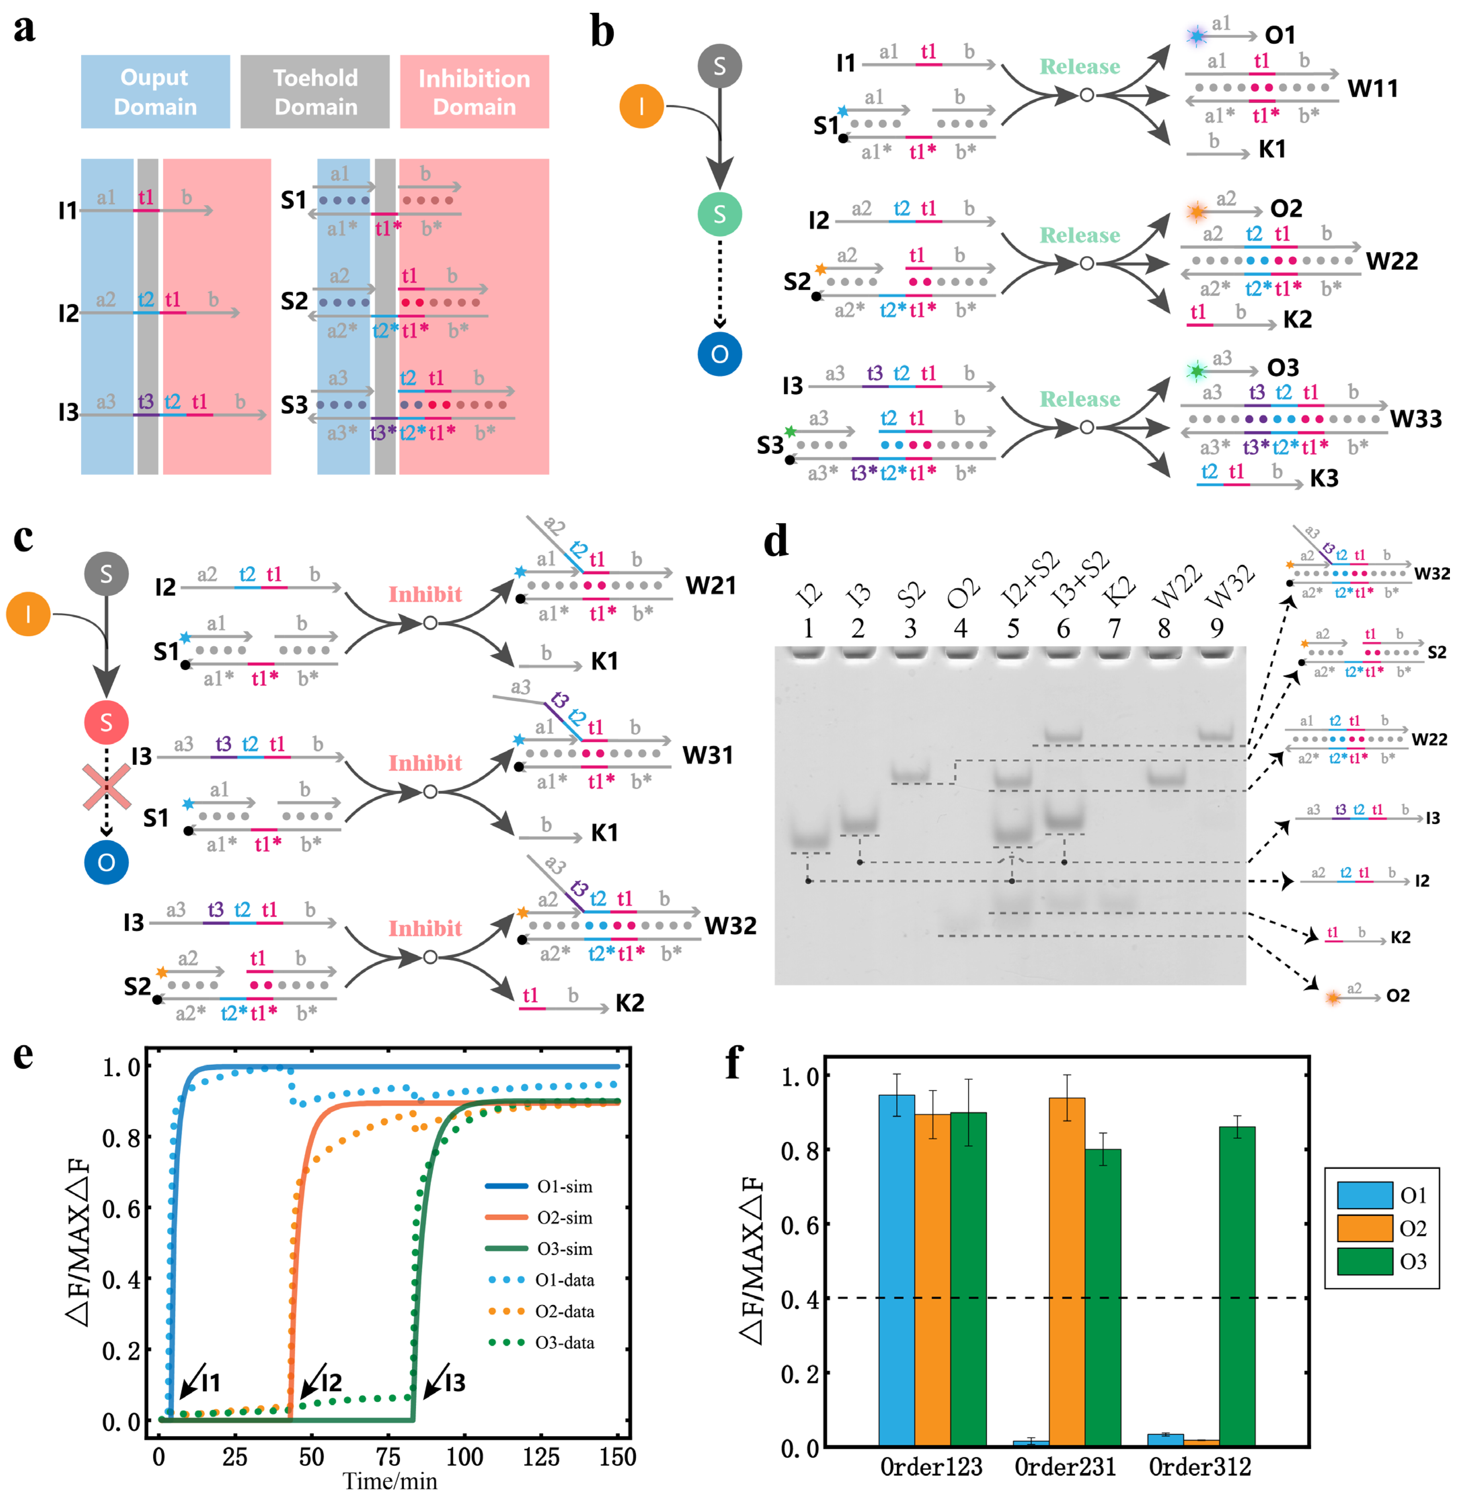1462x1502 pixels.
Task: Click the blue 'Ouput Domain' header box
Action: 155,91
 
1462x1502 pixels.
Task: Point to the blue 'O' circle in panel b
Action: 720,354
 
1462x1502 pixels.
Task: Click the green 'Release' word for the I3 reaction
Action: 1080,399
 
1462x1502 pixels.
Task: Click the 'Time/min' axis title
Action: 390,1481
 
